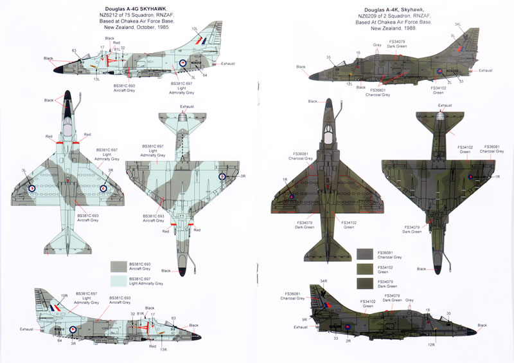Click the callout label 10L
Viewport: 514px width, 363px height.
point(195,29)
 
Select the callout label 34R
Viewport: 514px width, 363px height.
point(324,281)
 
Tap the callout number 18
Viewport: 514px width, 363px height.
point(427,310)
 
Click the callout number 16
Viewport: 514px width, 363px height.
point(359,53)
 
